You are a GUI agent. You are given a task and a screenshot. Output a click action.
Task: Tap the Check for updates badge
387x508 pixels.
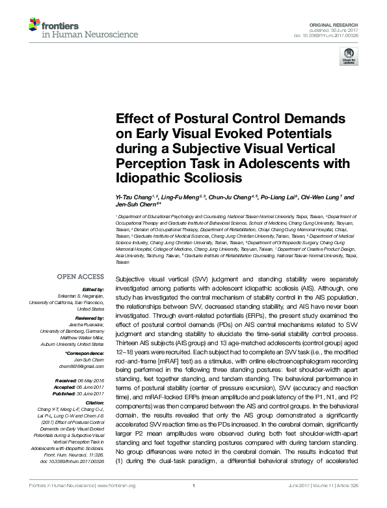(349, 59)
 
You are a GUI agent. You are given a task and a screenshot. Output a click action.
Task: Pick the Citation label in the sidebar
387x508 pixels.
(94, 403)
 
